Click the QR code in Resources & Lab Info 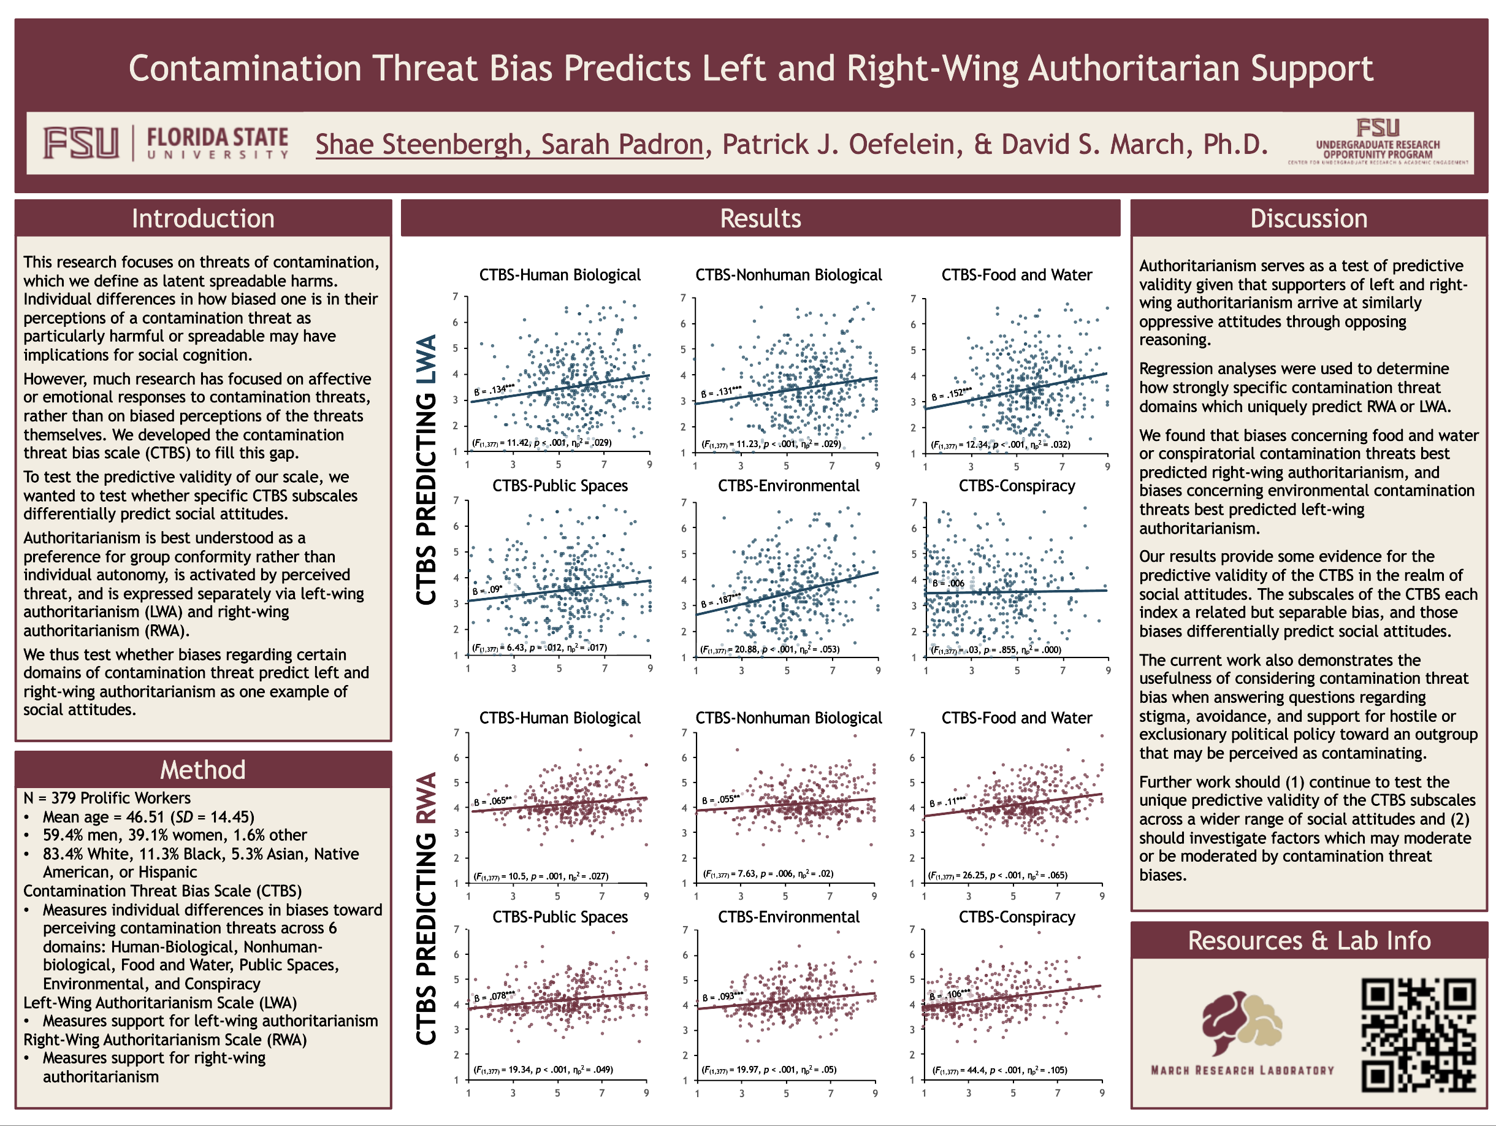point(1418,1035)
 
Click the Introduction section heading point(203,218)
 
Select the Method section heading point(203,770)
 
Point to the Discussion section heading point(1308,218)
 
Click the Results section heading point(760,218)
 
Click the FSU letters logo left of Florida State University point(81,144)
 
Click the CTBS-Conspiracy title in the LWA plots point(1017,486)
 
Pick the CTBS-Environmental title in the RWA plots point(788,917)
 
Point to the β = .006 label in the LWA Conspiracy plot point(948,583)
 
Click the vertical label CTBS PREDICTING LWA point(426,470)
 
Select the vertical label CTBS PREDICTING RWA point(426,908)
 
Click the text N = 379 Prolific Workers point(107,799)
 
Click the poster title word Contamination point(245,69)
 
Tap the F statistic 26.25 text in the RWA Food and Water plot point(998,875)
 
